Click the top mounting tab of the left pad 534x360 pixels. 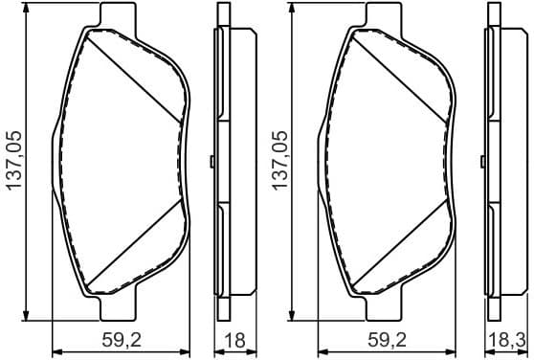117,16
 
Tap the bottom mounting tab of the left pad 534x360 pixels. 117,308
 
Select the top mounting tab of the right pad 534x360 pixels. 384,16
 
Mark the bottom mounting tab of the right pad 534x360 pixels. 384,308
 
